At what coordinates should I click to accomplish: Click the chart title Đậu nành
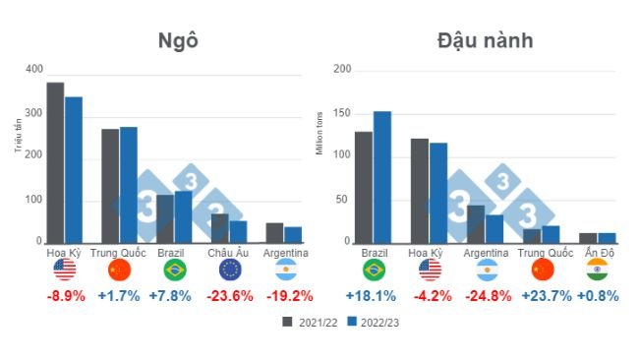coord(485,40)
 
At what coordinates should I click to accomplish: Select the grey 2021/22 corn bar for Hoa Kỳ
coord(55,162)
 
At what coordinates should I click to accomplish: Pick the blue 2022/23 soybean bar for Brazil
coord(382,177)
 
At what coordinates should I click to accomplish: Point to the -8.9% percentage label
coord(66,295)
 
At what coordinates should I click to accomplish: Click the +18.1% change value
coord(372,295)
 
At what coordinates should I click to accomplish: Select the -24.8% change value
coord(485,295)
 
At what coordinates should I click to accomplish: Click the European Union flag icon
coord(231,270)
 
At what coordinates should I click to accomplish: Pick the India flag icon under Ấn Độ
coord(597,270)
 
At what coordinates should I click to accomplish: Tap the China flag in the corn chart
coord(119,270)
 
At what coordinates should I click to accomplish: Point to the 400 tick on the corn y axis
coord(35,69)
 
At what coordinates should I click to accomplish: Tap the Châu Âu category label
coord(231,253)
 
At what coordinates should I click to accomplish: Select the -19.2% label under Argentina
coord(287,295)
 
